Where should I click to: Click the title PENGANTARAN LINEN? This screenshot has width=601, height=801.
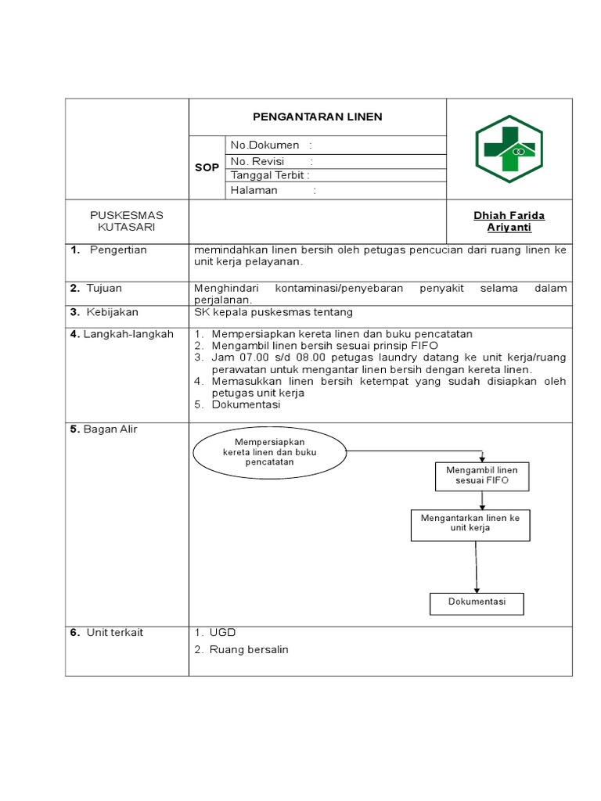pos(317,117)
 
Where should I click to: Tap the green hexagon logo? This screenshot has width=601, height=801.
pos(509,149)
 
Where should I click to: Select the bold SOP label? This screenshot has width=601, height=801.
pos(207,168)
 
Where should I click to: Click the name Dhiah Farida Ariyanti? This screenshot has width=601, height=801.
pos(509,221)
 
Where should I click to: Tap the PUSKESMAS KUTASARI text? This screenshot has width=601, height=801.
pos(127,221)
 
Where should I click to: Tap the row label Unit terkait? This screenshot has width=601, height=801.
pos(114,632)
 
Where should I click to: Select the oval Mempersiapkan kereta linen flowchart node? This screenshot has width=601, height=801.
pos(269,452)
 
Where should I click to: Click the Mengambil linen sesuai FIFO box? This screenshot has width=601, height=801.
pos(481,476)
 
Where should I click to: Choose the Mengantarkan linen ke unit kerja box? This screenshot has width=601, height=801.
pos(470,523)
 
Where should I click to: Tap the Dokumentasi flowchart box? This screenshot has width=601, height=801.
pos(477,602)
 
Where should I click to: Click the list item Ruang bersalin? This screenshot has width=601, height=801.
pos(248,649)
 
